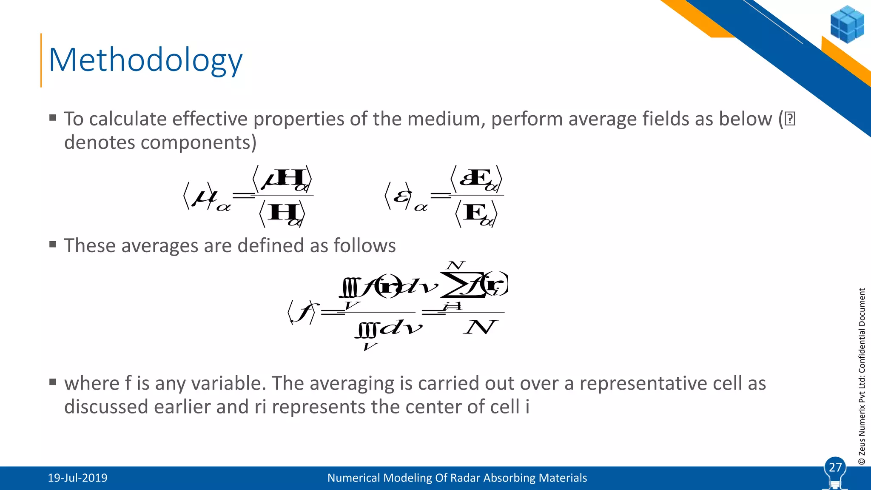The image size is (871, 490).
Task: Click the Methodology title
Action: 145,60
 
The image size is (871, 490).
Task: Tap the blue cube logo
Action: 847,25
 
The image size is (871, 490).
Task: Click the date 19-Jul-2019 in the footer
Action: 77,478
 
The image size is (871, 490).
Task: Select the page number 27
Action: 835,467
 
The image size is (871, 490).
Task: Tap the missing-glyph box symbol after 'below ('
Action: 790,119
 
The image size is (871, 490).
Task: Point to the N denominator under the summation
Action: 479,328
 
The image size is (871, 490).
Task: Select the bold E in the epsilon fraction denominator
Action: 475,212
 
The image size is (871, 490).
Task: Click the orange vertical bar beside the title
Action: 41,60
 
